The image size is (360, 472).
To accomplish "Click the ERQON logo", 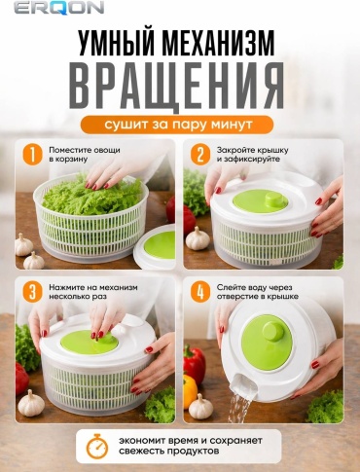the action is point(58,7).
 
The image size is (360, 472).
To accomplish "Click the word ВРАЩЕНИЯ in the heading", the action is point(176,85).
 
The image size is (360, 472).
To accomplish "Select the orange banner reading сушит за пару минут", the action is point(177,125).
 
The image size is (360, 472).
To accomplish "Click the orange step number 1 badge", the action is point(32,155).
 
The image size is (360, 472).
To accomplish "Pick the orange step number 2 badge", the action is point(200,155).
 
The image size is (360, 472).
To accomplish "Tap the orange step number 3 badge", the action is point(32,292).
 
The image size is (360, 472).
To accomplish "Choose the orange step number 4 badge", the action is point(200,292).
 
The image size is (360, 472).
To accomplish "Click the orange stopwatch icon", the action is point(97,446).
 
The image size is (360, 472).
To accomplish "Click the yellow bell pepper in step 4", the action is point(189,391).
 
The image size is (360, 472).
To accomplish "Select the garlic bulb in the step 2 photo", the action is point(198,238).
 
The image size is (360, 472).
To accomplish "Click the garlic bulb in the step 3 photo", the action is point(31,403).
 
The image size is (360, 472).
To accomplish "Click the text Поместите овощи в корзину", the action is point(85,155).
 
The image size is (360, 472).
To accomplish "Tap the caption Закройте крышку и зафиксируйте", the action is point(253,155).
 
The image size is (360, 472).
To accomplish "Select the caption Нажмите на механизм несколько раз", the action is point(93,292).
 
